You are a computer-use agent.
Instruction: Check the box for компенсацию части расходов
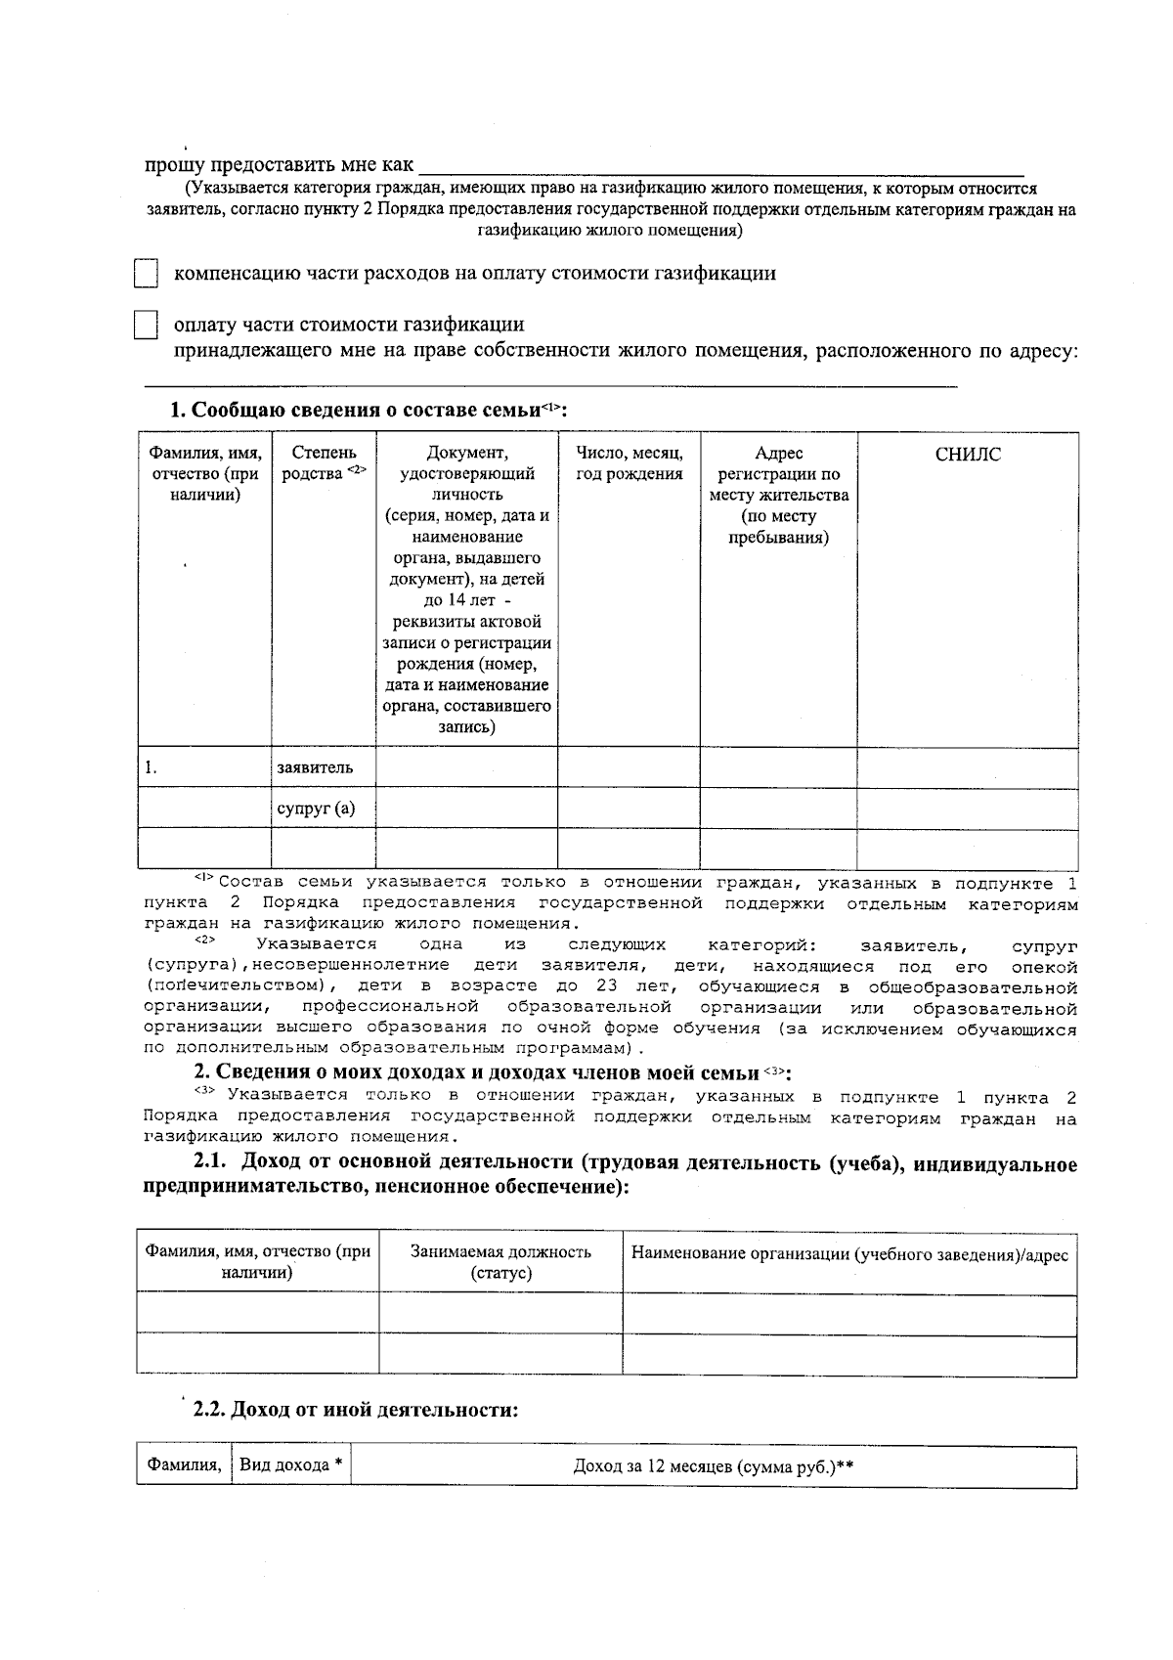point(146,274)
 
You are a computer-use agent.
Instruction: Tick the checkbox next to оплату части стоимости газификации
point(146,325)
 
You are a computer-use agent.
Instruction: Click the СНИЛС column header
point(968,455)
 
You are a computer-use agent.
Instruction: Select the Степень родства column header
point(324,463)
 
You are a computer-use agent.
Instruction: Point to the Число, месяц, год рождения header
point(629,463)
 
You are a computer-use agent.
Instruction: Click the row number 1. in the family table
point(152,767)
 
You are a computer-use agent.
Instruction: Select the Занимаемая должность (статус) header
point(500,1263)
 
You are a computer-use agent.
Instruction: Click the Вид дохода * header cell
point(290,1465)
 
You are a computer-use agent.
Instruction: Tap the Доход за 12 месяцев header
point(714,1466)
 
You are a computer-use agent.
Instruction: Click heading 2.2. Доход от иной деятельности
point(355,1410)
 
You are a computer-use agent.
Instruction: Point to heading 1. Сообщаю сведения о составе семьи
point(369,410)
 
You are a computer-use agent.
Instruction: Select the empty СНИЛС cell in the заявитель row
point(968,767)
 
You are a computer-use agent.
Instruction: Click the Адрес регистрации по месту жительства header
point(778,495)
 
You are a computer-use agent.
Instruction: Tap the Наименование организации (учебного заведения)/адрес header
point(849,1254)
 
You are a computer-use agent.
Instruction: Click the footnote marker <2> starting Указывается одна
point(204,940)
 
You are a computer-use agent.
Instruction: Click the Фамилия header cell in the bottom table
point(184,1465)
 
